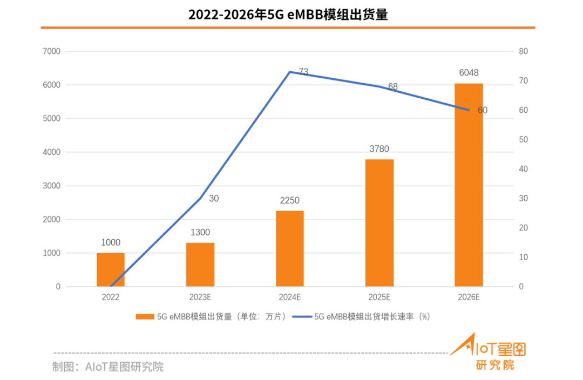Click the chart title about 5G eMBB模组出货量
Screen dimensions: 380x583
pos(288,15)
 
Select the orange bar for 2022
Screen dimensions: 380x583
pos(111,269)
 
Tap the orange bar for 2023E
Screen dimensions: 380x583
pos(200,264)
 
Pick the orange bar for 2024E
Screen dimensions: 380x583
pos(290,248)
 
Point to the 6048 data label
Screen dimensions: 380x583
pos(469,73)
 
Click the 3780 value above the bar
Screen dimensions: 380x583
pos(379,149)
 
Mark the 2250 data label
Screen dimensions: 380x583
pos(290,200)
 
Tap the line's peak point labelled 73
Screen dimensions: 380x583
pos(290,72)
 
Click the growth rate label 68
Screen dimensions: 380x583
pos(392,86)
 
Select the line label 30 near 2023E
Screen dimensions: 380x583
pos(214,199)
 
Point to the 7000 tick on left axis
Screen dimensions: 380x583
pos(51,51)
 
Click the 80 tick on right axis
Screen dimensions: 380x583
pos(524,51)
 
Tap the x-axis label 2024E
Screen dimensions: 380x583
pos(290,297)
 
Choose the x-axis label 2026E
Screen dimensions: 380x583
pos(469,297)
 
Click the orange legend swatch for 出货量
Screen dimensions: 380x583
pos(145,317)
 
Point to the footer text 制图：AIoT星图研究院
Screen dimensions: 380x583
pos(108,367)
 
